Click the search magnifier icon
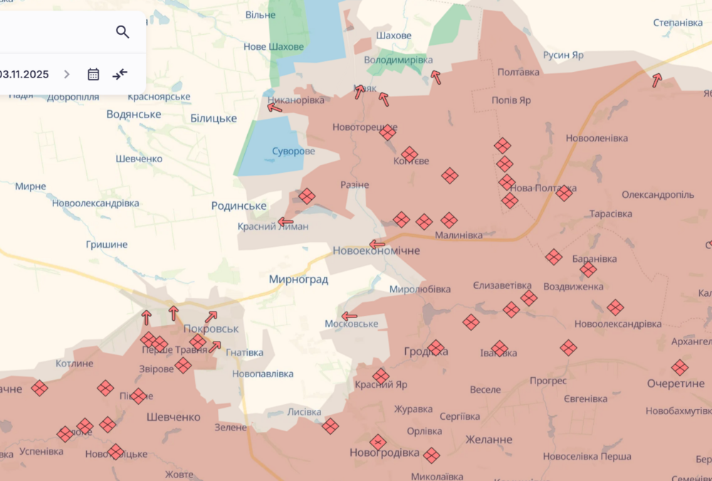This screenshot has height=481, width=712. pos(122,31)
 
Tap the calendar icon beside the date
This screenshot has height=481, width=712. pos(93,74)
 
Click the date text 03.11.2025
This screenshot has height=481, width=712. pos(24,74)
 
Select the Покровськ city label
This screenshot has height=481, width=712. pos(211,329)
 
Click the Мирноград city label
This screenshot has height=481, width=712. pos(298,280)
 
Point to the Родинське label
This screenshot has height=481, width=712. pos(239,206)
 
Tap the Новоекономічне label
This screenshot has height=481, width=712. pos(376,251)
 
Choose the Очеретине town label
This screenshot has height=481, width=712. pos(676,384)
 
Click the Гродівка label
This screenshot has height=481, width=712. pos(426,352)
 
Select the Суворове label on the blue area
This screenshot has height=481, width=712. pos(293,152)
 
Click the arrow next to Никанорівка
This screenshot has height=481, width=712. pos(275,107)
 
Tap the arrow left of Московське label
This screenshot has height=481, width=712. pos(349,316)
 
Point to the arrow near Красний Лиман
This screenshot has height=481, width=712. pos(286,222)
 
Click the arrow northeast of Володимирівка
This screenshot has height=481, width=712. pos(435,77)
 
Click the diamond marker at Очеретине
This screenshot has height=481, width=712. pos(679,368)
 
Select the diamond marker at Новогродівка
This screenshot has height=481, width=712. pos(378,442)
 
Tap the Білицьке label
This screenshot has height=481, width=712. pos(214,118)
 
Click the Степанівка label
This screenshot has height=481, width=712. pos(678,23)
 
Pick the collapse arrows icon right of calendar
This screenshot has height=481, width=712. pos(120,74)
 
